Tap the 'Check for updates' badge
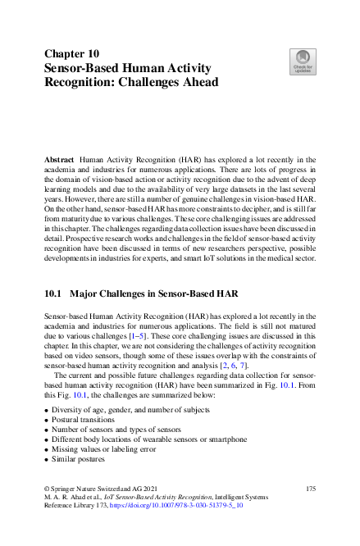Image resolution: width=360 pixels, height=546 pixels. (303, 62)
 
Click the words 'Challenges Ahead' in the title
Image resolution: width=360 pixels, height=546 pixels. (171, 82)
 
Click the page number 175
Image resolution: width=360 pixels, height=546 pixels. (309, 489)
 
